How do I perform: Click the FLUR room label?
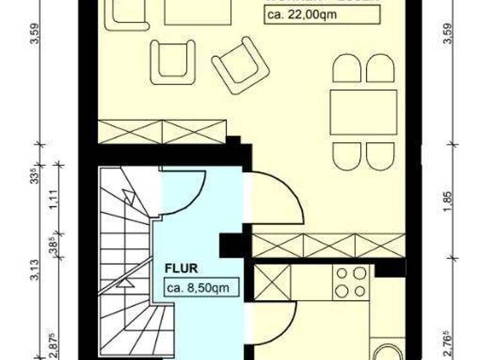(x=180, y=268)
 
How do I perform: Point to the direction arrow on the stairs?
(x=127, y=282)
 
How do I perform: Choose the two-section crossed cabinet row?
(x=162, y=131)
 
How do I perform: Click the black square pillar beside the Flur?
(x=230, y=246)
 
